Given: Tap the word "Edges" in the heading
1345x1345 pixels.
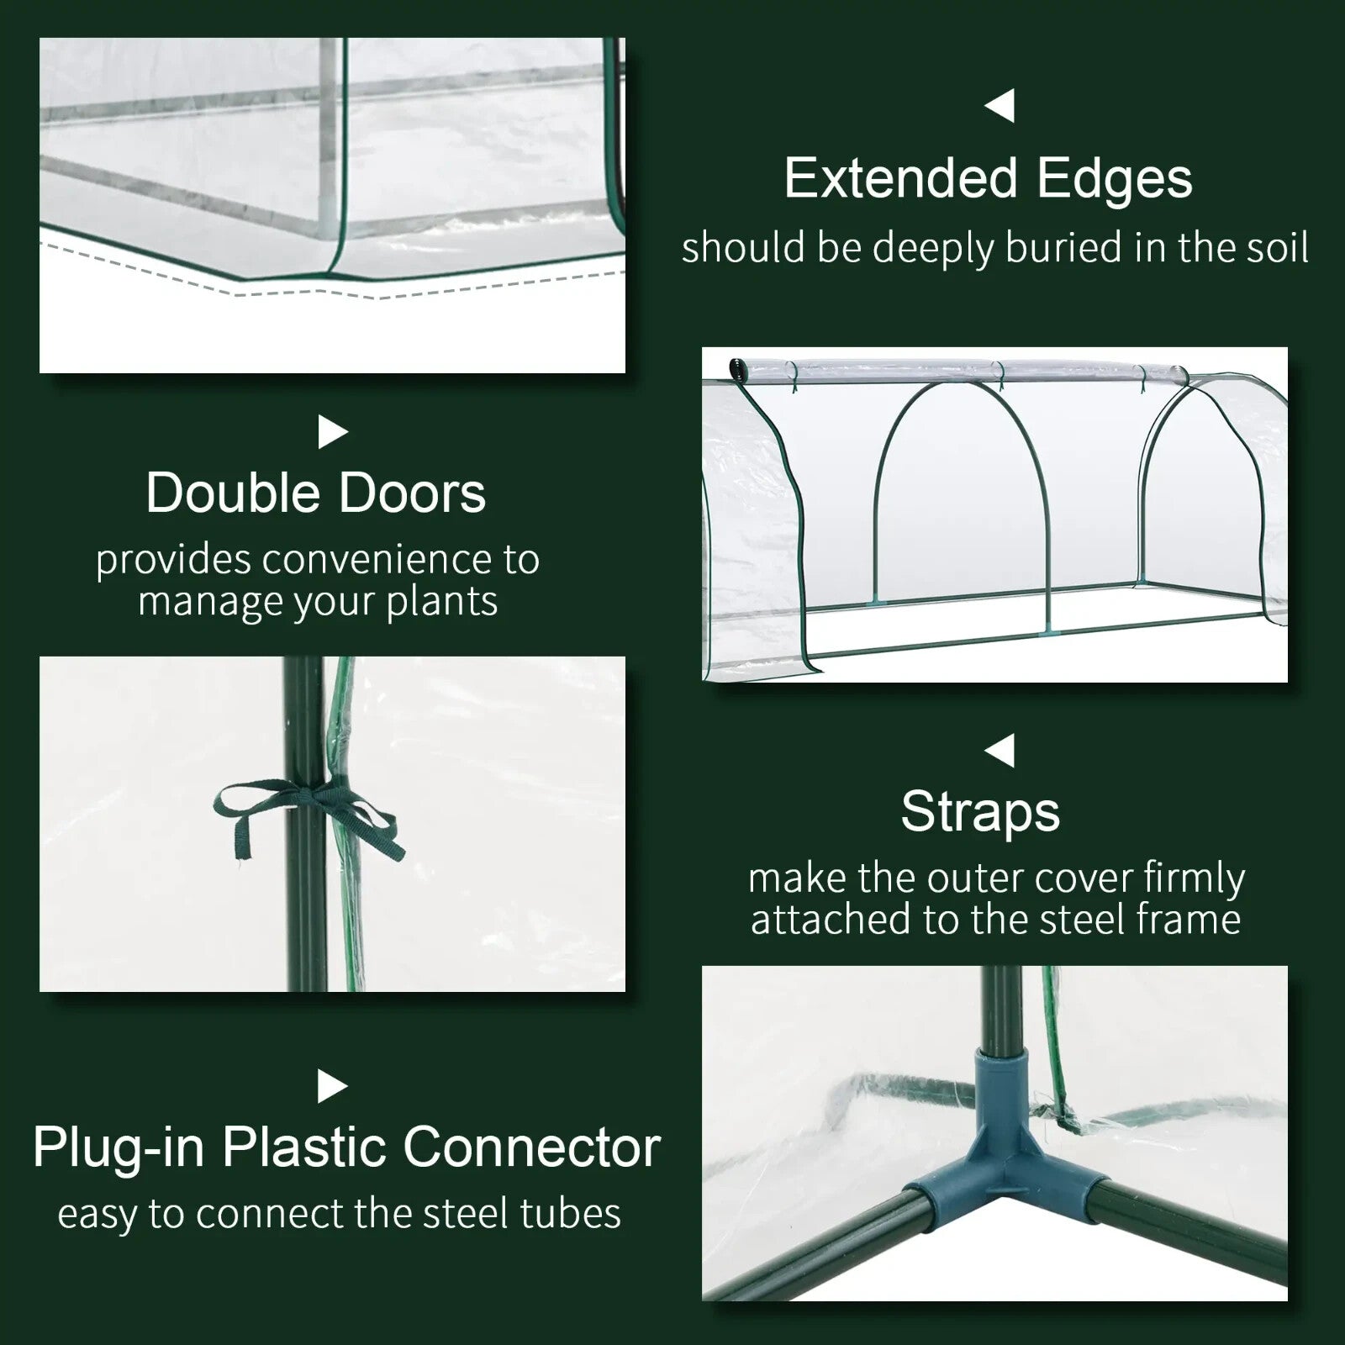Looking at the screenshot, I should click(x=1115, y=180).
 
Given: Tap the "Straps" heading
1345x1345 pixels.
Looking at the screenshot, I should click(x=980, y=812).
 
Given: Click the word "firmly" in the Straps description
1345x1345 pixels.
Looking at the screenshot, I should click(x=1194, y=879).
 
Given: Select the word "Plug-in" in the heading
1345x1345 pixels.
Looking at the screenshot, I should click(x=119, y=1148).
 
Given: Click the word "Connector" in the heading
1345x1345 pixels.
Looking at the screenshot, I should click(x=532, y=1147).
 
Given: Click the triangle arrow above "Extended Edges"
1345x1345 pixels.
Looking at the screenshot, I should click(x=1000, y=106).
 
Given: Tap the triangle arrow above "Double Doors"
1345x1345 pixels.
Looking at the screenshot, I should click(x=332, y=433).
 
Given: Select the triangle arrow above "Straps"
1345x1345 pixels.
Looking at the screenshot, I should click(x=1000, y=751).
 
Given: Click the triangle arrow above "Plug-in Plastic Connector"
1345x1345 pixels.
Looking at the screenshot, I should click(x=332, y=1087).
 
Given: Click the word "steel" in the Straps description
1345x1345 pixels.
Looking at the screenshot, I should click(x=1085, y=920).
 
